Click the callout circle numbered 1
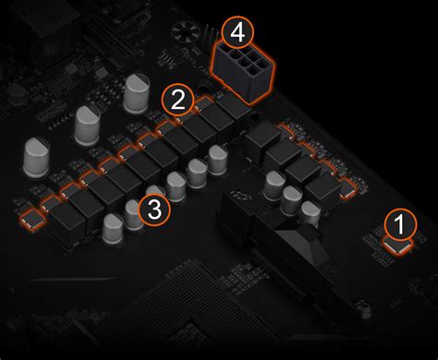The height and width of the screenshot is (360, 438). tap(400, 224)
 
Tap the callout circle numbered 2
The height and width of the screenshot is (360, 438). tap(178, 100)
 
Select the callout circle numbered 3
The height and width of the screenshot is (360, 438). tap(154, 210)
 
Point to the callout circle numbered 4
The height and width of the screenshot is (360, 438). tap(237, 31)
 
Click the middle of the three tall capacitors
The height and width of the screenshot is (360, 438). tap(88, 126)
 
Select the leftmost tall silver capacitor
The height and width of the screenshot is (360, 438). tap(36, 157)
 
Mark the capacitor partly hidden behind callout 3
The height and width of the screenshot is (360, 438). tap(133, 215)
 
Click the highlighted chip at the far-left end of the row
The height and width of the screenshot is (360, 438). tap(32, 220)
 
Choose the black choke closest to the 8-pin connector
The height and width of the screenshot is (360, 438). tap(233, 106)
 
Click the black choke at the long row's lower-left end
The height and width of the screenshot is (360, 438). tap(67, 223)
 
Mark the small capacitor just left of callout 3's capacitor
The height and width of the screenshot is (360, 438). tap(113, 228)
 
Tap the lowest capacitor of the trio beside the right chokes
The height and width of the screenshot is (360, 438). tap(310, 213)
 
